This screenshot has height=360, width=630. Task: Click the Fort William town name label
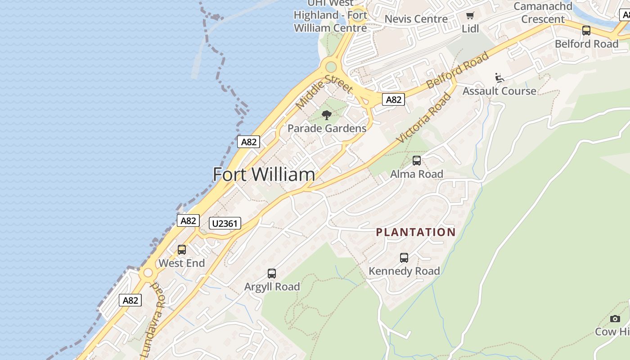(x=264, y=175)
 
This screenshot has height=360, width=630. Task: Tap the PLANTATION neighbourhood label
(x=415, y=232)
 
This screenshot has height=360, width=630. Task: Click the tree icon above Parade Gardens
(x=327, y=115)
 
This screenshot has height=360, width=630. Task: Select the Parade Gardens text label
(x=327, y=128)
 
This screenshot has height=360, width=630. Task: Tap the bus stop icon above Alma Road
(x=417, y=160)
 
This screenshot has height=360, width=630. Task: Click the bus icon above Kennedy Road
(x=404, y=258)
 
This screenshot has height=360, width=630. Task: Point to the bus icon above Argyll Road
(x=272, y=273)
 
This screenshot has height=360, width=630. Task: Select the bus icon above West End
(x=182, y=249)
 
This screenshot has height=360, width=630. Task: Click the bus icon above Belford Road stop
(x=586, y=31)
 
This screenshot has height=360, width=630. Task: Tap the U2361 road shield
(x=225, y=223)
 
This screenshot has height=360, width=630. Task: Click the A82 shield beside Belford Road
(x=393, y=99)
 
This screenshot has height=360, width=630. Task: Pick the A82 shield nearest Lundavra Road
(x=130, y=300)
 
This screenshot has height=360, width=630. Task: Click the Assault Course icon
(x=499, y=78)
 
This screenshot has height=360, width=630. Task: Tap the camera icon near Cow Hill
(x=615, y=319)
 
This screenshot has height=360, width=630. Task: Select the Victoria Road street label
(x=424, y=118)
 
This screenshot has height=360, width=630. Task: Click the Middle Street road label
(x=324, y=92)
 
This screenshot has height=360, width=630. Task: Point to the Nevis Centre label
(x=416, y=19)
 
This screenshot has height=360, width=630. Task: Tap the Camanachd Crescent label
(x=543, y=13)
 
